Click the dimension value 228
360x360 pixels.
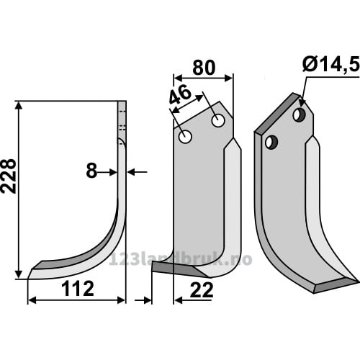coord(9,176)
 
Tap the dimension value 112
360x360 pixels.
coord(78,289)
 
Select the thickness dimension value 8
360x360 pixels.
coord(91,171)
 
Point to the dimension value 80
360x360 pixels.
coord(204,68)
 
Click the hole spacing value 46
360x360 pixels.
coord(181,95)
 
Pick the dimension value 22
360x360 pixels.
coord(202,290)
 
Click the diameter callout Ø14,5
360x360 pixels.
coord(331,64)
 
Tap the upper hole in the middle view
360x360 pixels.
coord(218,121)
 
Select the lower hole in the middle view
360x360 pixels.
coord(185,137)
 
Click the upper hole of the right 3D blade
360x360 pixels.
coord(300,115)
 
